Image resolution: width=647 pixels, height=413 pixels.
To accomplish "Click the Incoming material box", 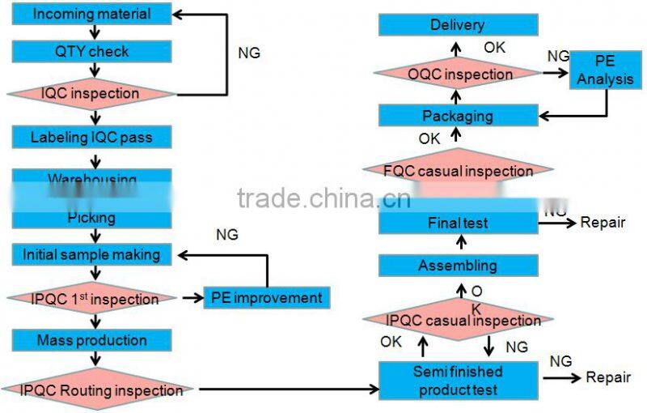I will click(x=92, y=14).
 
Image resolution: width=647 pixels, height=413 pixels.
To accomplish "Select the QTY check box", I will click(x=92, y=52).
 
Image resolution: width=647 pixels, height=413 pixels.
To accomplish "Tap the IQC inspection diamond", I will click(x=91, y=93).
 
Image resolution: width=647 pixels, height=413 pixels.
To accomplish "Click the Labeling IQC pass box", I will click(x=91, y=137).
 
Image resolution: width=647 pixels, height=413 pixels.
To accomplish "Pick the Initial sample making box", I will click(x=91, y=254).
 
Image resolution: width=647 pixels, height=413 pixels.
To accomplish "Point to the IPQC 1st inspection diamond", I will click(x=91, y=299).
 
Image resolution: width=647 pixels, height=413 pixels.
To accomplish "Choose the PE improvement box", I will click(x=266, y=298).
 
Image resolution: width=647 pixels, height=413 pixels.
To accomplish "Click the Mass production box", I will click(x=91, y=340).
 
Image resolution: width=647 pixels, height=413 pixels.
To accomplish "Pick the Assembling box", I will click(x=458, y=265).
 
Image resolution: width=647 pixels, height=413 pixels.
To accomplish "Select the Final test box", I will click(x=458, y=222).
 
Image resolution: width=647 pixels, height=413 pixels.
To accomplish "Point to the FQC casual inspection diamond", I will click(x=459, y=171).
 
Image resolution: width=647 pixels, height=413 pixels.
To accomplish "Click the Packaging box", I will click(x=458, y=116).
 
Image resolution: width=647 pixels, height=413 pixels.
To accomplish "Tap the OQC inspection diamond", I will click(x=459, y=75).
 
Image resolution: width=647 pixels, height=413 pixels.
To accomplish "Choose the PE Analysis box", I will click(x=594, y=71).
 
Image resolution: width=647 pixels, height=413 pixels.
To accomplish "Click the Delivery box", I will click(x=458, y=25).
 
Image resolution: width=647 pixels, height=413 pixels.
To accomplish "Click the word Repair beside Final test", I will click(x=603, y=222).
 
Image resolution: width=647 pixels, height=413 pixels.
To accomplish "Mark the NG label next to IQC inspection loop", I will click(x=249, y=53).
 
